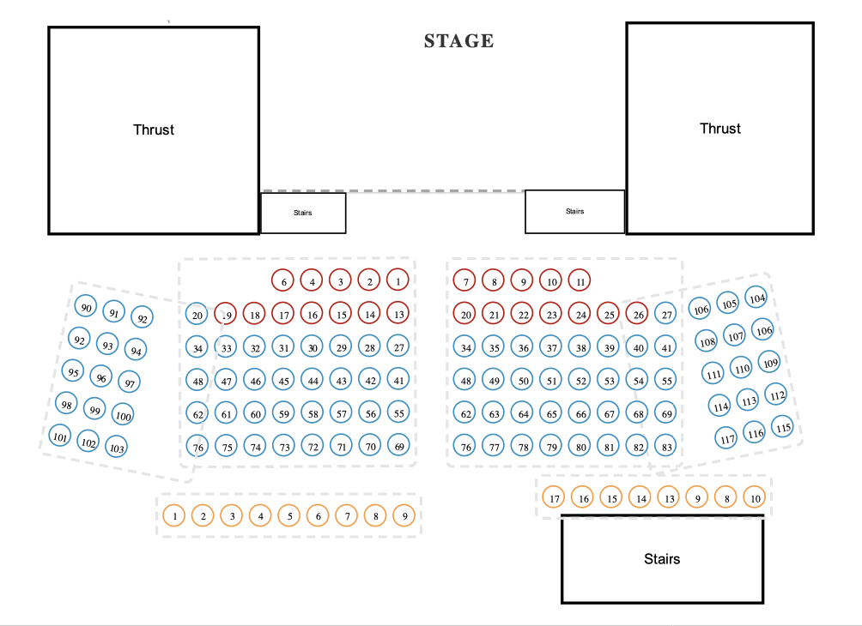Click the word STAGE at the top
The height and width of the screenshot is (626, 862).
pyautogui.click(x=458, y=41)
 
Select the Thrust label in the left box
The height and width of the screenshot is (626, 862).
pyautogui.click(x=154, y=129)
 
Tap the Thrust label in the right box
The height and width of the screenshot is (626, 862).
pyautogui.click(x=720, y=128)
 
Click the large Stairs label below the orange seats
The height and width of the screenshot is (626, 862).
pyautogui.click(x=662, y=559)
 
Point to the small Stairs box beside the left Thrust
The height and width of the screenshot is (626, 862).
pyautogui.click(x=303, y=213)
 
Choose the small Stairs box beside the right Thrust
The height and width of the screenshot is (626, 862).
pyautogui.click(x=574, y=211)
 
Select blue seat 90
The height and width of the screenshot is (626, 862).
pyautogui.click(x=86, y=308)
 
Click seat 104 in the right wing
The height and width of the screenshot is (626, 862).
pyautogui.click(x=756, y=298)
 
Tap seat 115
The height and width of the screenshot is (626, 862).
pyautogui.click(x=782, y=426)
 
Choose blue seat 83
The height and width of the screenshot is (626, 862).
pyautogui.click(x=666, y=446)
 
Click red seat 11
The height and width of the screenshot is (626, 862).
pyautogui.click(x=580, y=280)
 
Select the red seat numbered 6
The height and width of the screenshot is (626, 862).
pyautogui.click(x=283, y=280)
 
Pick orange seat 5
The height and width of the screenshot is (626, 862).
pyautogui.click(x=290, y=515)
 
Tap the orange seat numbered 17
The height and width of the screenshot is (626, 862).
pyautogui.click(x=555, y=497)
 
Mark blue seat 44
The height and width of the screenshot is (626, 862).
pyautogui.click(x=313, y=381)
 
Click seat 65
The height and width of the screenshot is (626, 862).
pyautogui.click(x=552, y=413)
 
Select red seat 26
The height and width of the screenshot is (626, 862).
pyautogui.click(x=638, y=314)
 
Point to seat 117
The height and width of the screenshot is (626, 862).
pyautogui.click(x=727, y=438)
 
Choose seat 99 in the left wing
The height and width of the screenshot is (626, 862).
pyautogui.click(x=95, y=411)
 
